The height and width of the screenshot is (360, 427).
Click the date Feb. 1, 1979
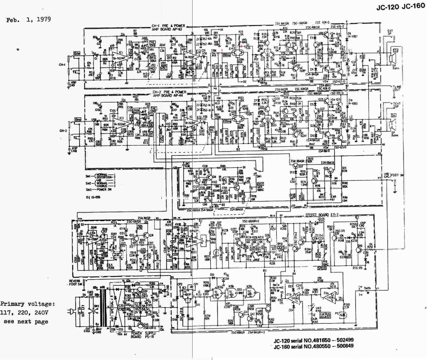pos(28,19)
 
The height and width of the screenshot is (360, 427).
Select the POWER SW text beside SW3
pos(105,189)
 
